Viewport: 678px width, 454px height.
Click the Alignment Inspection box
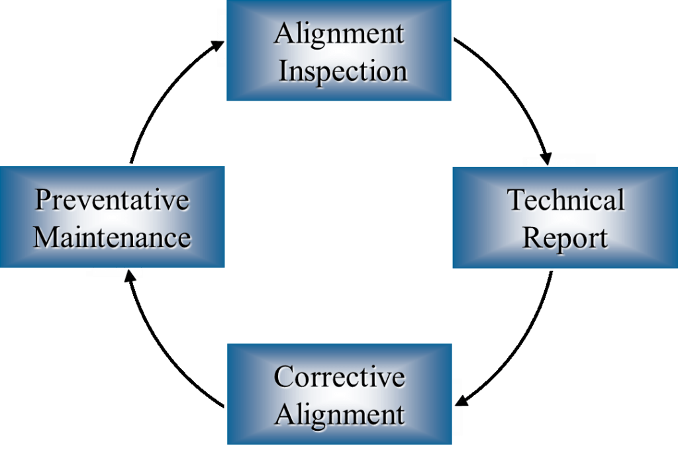click(x=338, y=51)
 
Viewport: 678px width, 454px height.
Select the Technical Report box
click(x=565, y=218)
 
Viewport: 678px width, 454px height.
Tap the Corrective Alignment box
click(x=339, y=394)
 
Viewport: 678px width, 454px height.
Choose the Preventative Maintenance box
click(x=112, y=218)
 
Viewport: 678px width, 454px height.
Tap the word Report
click(x=565, y=238)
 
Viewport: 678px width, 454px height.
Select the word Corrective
click(x=339, y=376)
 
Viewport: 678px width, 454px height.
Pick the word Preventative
click(x=112, y=199)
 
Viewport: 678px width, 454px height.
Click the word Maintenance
click(x=112, y=237)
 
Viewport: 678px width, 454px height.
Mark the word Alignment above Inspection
click(x=339, y=33)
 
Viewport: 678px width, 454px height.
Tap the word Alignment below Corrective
click(x=339, y=414)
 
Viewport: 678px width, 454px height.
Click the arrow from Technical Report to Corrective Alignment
click(x=523, y=351)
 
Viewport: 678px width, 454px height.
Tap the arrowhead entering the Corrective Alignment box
click(x=463, y=400)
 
